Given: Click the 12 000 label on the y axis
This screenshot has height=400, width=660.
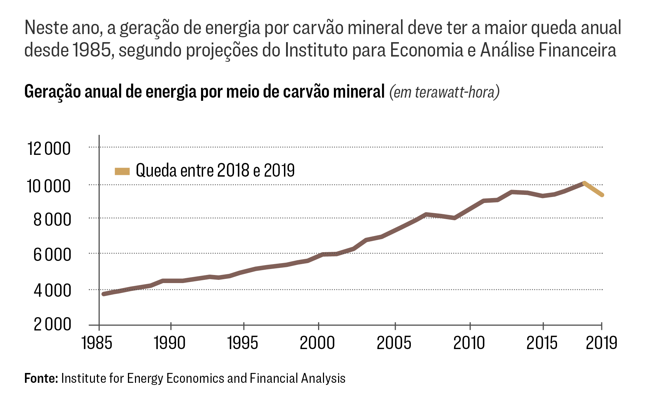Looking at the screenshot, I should tap(49, 149).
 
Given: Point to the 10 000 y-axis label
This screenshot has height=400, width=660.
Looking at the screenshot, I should tap(49, 186).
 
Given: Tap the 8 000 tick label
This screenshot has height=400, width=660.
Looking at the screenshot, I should tap(52, 220).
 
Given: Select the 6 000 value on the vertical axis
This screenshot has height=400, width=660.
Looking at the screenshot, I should tap(52, 255).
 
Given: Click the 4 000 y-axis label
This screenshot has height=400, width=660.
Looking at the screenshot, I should tap(52, 291).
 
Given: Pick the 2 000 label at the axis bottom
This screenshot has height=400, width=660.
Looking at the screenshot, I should tap(52, 324).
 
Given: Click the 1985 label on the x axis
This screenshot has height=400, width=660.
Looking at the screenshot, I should tap(97, 343).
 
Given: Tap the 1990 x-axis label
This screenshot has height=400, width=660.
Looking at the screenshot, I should tap(170, 343).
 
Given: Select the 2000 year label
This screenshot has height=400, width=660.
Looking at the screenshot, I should tap(317, 343).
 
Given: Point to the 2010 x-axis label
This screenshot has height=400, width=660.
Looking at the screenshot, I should tap(469, 343).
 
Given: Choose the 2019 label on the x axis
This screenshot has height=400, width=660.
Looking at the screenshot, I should tap(601, 343).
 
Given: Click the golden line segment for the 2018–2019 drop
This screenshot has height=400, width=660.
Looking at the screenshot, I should tap(593, 189).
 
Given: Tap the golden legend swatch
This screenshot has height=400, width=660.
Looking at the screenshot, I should tap(122, 171).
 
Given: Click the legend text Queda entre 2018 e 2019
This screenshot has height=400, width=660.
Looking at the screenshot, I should tap(215, 171).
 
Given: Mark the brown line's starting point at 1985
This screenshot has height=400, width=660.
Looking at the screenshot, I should tap(104, 294).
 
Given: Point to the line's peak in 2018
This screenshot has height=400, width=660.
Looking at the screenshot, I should tap(584, 183).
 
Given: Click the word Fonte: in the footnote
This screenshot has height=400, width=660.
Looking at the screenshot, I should tap(41, 378).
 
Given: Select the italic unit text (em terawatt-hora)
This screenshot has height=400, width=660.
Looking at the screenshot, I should tap(444, 92).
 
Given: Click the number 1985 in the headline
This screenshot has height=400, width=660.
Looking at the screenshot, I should tap(92, 50).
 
